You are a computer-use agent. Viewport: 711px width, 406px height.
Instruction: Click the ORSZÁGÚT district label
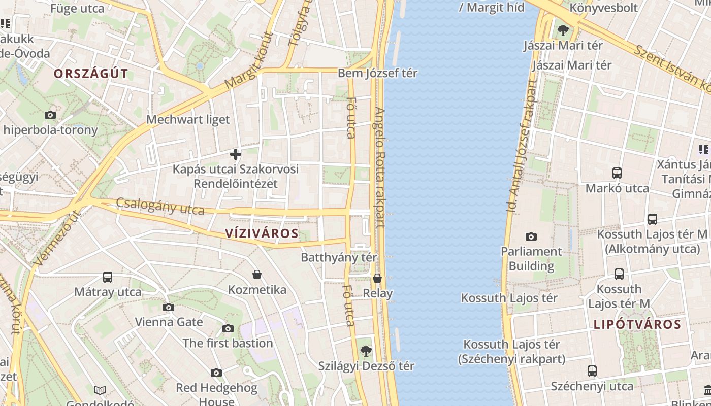tap(91, 74)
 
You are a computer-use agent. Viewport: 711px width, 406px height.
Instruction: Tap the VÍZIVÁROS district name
tap(262, 233)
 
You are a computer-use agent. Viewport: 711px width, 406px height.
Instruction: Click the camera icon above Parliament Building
tap(531, 236)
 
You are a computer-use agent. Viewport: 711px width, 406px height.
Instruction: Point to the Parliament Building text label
tap(531, 259)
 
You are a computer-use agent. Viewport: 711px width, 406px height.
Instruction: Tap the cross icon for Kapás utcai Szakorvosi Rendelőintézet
tap(236, 154)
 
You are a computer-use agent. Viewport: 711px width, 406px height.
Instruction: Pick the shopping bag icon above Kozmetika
tap(257, 275)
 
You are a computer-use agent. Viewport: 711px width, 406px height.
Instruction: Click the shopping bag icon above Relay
tap(377, 278)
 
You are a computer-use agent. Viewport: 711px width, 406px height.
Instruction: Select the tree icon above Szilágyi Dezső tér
tap(366, 351)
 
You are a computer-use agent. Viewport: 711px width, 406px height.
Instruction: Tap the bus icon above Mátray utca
tap(108, 277)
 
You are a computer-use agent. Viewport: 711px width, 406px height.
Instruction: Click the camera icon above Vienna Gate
tap(169, 307)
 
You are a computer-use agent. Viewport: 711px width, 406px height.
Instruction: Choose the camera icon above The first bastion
tap(228, 328)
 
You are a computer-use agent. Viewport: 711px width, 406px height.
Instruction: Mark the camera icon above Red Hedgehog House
tap(216, 373)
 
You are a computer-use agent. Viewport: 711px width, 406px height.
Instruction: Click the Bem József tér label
tap(377, 73)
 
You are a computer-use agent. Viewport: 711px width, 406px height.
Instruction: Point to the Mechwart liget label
tap(188, 120)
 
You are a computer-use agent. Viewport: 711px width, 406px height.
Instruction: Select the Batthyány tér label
tap(339, 257)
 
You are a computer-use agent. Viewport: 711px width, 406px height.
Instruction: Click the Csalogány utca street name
tap(160, 206)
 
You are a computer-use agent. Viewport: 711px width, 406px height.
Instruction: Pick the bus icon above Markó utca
tap(617, 173)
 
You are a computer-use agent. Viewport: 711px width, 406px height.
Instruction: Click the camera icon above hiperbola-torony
tap(50, 115)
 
